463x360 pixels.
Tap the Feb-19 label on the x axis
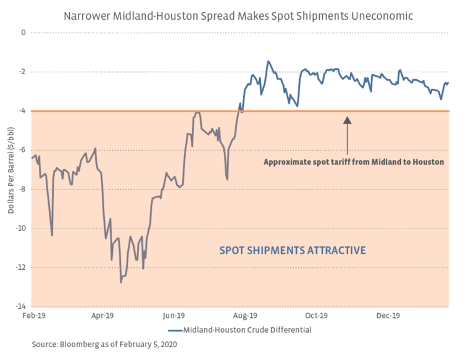pyautogui.click(x=31, y=316)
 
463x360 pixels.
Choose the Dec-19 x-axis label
pyautogui.click(x=389, y=316)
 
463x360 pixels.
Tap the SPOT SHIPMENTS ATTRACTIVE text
pyautogui.click(x=293, y=250)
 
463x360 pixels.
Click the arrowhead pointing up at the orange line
pyautogui.click(x=347, y=120)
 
